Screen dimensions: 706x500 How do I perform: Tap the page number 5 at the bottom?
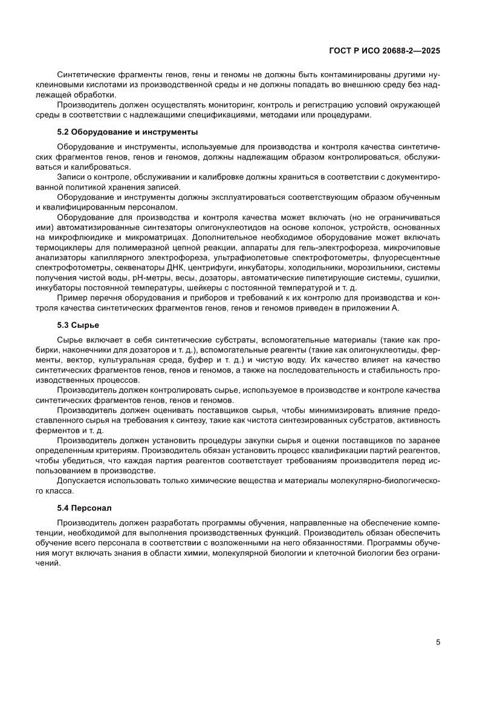[x=437, y=642]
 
